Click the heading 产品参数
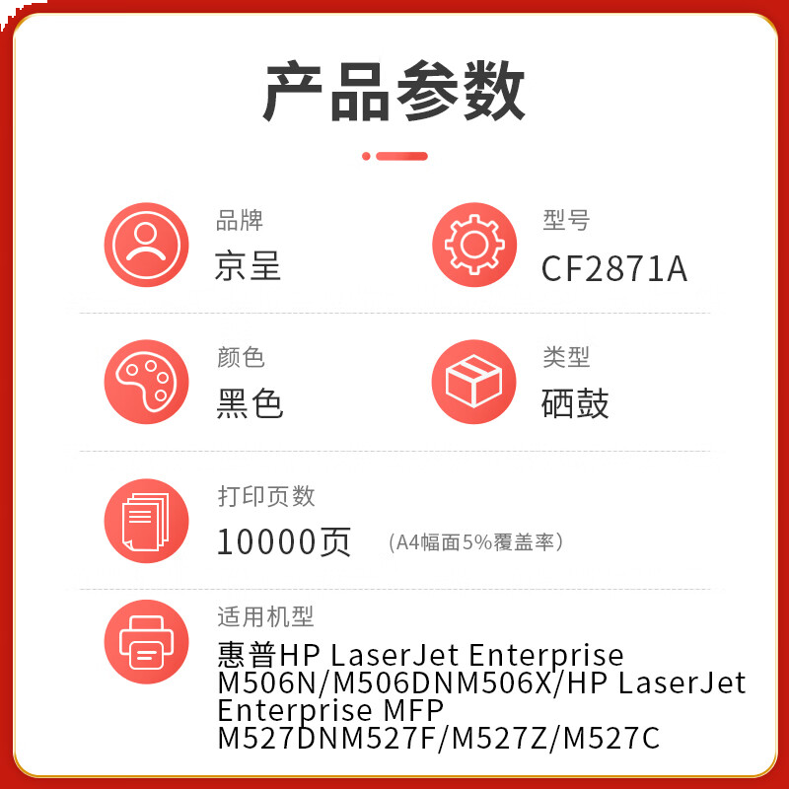coord(394,91)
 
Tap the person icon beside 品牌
coord(146,245)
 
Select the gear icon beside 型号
coord(473,245)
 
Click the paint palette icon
coord(146,382)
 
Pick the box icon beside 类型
coord(473,382)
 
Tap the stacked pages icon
coord(146,520)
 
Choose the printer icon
coord(146,641)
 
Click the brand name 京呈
coord(248,266)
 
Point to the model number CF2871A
coord(613,268)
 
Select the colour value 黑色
coord(250,403)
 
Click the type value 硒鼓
coord(575,403)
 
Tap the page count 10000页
coord(284,541)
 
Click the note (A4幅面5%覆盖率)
coord(475,542)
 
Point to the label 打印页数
coord(266,496)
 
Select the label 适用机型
coord(265,617)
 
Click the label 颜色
coord(241,357)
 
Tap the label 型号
coord(566,220)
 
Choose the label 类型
coord(566,357)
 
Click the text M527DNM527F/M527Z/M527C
coord(438,738)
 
